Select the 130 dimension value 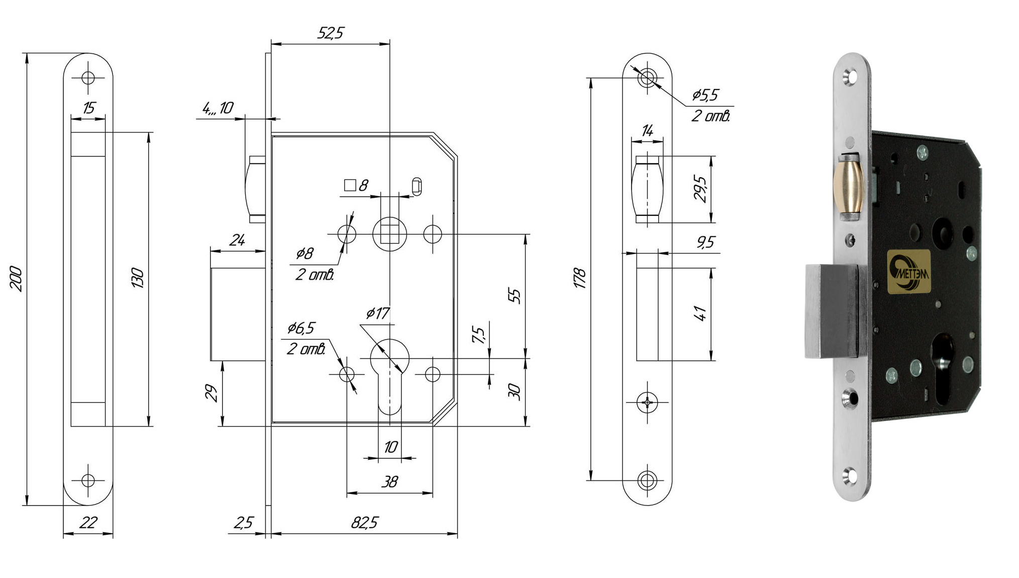(x=138, y=278)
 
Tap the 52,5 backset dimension (x=330, y=33)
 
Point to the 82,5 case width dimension (x=364, y=523)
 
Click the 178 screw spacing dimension (x=580, y=278)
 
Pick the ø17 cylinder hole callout (x=377, y=314)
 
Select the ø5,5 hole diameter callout (x=705, y=95)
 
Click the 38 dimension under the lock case (x=389, y=482)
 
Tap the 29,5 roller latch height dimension (x=700, y=189)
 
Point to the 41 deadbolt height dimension (x=700, y=313)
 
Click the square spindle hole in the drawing (x=389, y=234)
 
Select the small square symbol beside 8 (x=350, y=185)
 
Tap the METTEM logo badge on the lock (x=909, y=272)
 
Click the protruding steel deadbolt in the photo (x=832, y=310)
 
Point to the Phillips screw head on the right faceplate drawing (x=647, y=402)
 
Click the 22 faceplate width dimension (x=88, y=523)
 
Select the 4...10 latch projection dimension (x=218, y=108)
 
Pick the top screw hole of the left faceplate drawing (x=88, y=78)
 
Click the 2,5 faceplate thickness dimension (x=243, y=523)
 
